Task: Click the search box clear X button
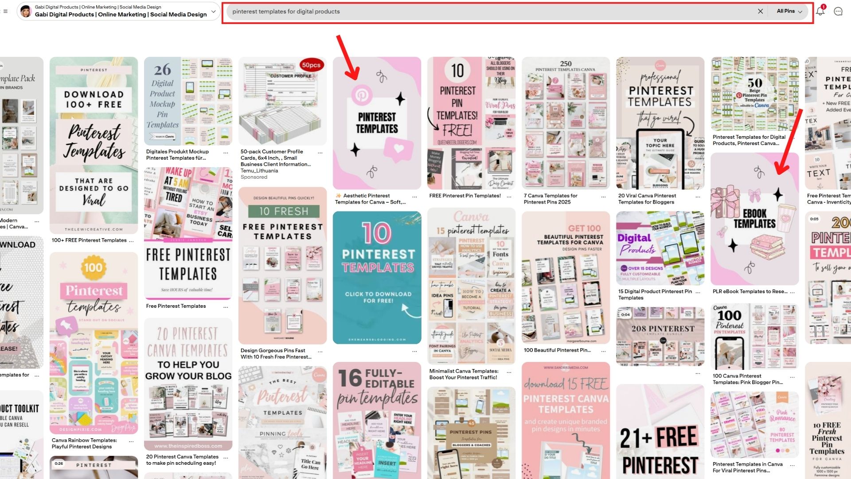[x=760, y=12]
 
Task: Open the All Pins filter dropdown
[x=789, y=12]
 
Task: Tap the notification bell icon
[x=820, y=12]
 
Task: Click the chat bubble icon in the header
[x=838, y=12]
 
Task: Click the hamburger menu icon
[x=5, y=12]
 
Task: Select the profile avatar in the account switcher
[x=26, y=12]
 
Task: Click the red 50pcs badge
[x=311, y=65]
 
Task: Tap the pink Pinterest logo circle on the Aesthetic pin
[x=362, y=94]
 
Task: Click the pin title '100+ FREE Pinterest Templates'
[x=89, y=240]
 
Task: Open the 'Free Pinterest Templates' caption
[x=176, y=306]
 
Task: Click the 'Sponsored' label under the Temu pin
[x=254, y=177]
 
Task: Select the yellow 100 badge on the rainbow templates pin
[x=93, y=267]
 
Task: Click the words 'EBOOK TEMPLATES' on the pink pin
[x=754, y=219]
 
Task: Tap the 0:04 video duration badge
[x=625, y=314]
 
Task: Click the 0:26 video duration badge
[x=59, y=463]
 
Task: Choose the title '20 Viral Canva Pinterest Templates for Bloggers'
[x=647, y=199]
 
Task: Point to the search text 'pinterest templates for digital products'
[x=286, y=12]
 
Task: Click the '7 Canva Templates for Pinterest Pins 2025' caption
[x=550, y=199]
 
